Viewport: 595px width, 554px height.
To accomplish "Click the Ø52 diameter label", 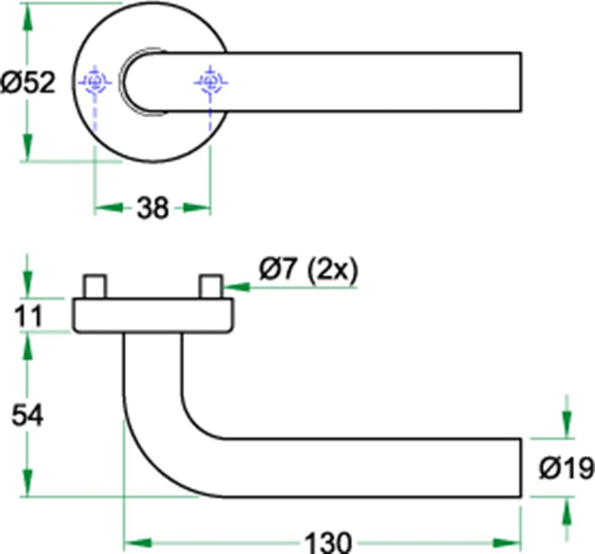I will coord(28,82).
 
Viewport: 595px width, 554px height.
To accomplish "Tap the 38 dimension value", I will coord(152,208).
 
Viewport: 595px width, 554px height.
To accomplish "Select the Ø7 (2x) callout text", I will coord(307,271).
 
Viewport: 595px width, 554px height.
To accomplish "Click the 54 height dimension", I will coord(27,415).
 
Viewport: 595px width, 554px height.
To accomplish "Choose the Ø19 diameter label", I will coord(566,468).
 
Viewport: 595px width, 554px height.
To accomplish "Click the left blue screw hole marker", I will coord(94,82).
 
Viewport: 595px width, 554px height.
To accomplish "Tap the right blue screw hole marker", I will coord(210,82).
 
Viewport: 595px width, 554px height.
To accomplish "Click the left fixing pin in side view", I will coord(94,287).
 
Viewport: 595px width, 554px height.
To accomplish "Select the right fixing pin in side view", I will coord(210,287).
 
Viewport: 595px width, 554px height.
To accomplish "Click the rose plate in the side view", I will coord(153,316).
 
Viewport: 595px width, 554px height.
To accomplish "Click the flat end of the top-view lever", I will coord(519,82).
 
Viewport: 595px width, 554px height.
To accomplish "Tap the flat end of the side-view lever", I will coord(519,468).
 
